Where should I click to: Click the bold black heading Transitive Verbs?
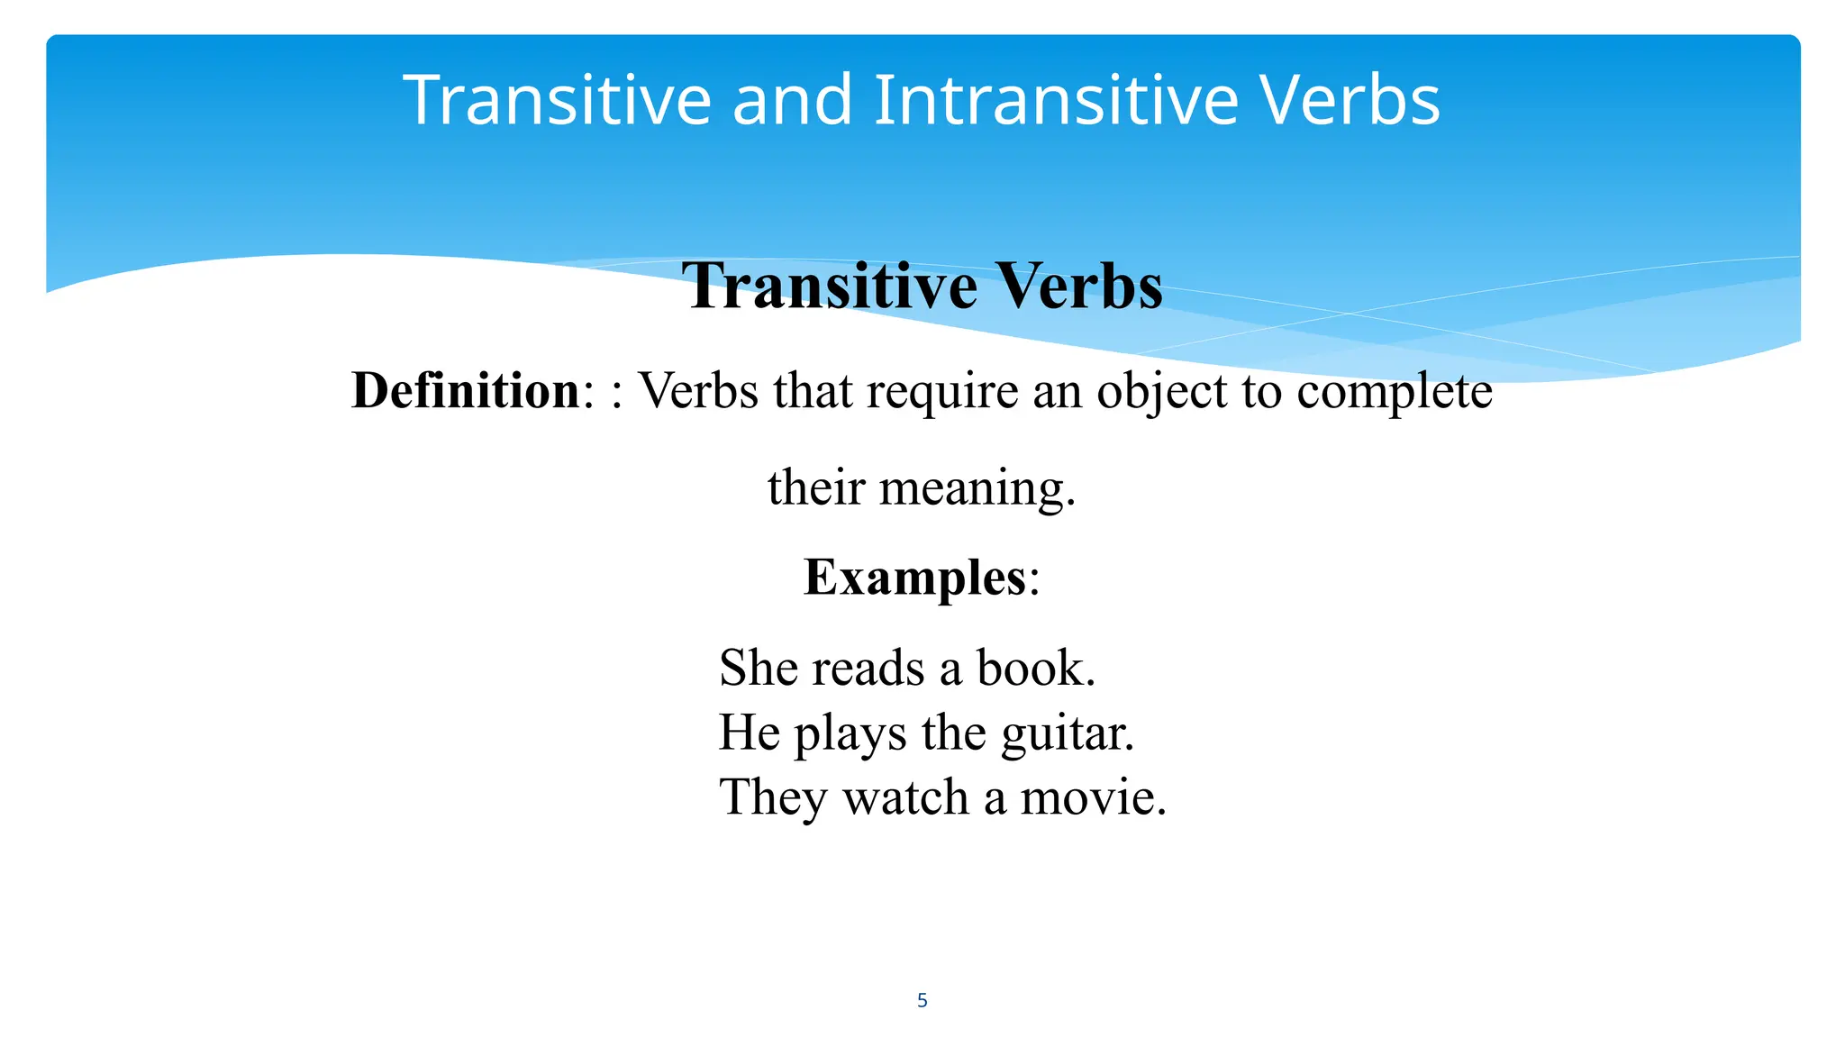click(922, 287)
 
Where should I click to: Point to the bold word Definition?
click(466, 391)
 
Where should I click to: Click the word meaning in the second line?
click(977, 488)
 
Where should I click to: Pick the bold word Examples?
click(914, 577)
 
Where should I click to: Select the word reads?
click(868, 668)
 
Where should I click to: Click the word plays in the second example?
click(850, 733)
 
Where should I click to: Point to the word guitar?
click(1067, 733)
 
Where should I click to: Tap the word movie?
click(1092, 797)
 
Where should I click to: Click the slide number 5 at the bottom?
click(922, 1000)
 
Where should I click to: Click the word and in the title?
click(792, 100)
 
